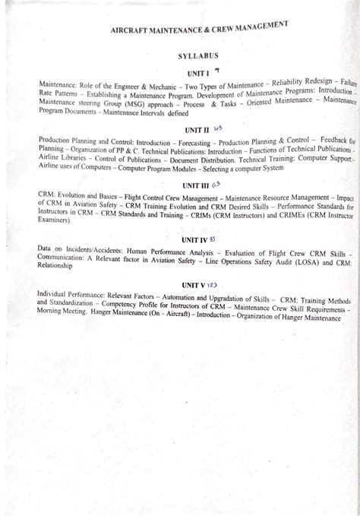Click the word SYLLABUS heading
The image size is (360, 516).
tap(191, 56)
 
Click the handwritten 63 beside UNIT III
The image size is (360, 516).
tap(216, 184)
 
